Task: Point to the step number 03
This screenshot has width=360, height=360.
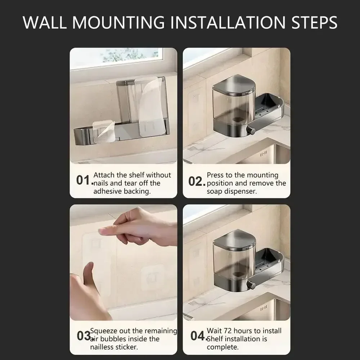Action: click(x=83, y=336)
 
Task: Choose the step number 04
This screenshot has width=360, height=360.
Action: click(x=197, y=336)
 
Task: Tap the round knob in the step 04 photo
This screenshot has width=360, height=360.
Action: click(x=251, y=285)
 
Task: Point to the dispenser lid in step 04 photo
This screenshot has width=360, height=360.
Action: click(x=234, y=239)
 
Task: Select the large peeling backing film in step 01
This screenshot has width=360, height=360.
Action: click(x=151, y=104)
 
